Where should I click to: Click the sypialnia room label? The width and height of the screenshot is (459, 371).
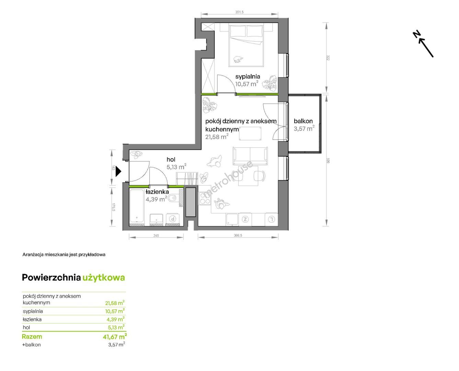click(x=248, y=77)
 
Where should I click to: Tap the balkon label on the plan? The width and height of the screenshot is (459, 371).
click(x=303, y=121)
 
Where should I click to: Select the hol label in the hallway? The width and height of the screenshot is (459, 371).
click(x=171, y=159)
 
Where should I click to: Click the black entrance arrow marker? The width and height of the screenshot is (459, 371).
click(x=118, y=171)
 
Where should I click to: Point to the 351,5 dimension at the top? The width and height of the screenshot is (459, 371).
click(x=239, y=12)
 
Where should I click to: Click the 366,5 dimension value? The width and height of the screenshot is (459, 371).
click(x=238, y=235)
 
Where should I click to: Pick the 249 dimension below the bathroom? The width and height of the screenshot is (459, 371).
click(x=156, y=235)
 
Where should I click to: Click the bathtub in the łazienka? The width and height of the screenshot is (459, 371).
click(x=137, y=206)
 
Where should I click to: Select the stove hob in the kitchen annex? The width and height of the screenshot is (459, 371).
click(x=205, y=198)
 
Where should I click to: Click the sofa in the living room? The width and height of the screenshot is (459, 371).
click(x=250, y=156)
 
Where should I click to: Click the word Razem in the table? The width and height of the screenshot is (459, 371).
click(x=32, y=337)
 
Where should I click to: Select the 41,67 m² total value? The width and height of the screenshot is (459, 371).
click(x=115, y=337)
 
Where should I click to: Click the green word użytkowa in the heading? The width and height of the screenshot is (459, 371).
click(x=104, y=278)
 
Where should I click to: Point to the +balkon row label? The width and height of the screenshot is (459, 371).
click(x=32, y=345)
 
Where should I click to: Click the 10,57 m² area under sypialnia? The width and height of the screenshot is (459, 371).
click(x=246, y=83)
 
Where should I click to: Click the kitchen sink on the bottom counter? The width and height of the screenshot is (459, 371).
click(x=232, y=219)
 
